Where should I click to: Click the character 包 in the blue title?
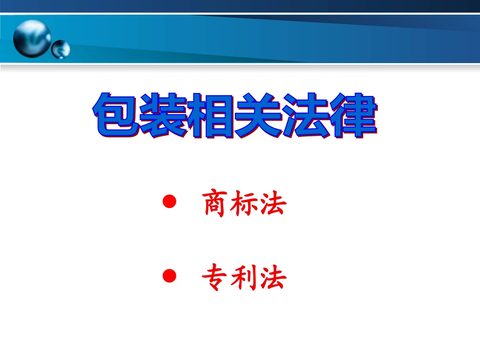116,116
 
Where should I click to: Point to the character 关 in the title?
257,116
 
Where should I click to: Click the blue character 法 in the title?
304,116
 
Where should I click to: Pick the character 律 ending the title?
352,116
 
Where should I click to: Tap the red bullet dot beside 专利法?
170,276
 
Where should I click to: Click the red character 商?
215,204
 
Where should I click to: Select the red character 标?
245,204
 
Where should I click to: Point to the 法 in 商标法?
273,204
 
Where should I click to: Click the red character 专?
215,278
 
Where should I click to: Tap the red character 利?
245,278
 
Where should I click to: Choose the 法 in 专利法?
273,278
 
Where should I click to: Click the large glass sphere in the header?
32,38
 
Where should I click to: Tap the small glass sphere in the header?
61,49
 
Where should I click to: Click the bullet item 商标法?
245,204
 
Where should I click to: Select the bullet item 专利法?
245,278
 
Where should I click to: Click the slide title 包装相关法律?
234,116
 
